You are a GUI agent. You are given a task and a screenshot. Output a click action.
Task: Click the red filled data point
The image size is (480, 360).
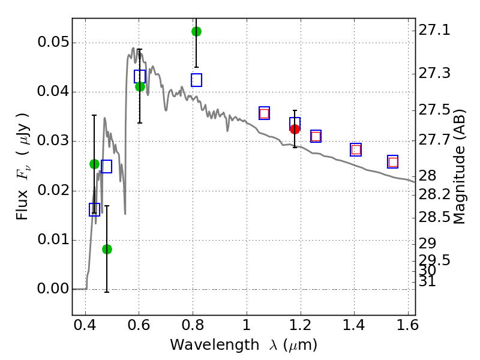point(295,129)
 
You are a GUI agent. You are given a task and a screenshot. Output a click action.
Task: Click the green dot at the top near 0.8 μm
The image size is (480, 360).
point(196,31)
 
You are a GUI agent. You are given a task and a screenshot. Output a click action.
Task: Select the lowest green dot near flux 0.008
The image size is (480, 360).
point(107,249)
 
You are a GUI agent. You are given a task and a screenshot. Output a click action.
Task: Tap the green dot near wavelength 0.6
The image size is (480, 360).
point(140,86)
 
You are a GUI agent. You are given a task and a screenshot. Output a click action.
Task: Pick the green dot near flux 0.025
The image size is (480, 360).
point(94,164)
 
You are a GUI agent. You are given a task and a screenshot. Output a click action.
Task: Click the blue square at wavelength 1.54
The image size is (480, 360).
point(393,162)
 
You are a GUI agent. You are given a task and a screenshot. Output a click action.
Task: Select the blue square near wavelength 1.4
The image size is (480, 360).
point(356,150)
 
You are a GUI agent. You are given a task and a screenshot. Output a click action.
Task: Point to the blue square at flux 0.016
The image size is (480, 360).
point(94,209)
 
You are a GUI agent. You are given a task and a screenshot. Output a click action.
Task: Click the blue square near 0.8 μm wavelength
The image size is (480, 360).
point(196,80)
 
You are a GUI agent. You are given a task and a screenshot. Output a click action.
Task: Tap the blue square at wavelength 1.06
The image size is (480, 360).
point(264,113)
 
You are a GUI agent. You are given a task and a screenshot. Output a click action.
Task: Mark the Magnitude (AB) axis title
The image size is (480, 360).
point(460,167)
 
